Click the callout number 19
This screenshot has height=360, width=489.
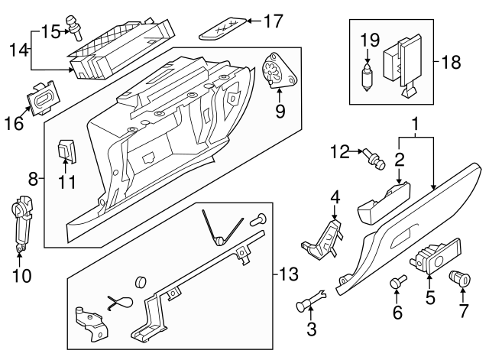click(x=368, y=38)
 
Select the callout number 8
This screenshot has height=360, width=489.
click(x=32, y=180)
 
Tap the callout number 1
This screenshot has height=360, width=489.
click(x=416, y=123)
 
